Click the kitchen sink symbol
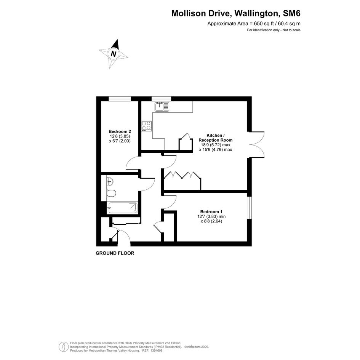point(162,107)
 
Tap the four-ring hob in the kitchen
point(147,126)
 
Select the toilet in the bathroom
point(111,193)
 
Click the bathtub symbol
point(123,208)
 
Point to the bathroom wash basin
point(110,182)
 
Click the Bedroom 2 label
point(120,131)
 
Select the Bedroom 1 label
point(211,212)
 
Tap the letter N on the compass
point(114,54)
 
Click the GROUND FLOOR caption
point(115,253)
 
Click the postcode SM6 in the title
point(291,13)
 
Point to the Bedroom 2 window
point(120,99)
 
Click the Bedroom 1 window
point(250,208)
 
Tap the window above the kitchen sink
point(161,99)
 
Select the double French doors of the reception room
point(257,145)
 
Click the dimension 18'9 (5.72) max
point(216,145)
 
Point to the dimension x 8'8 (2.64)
point(211,221)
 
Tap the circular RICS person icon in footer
point(64,347)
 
